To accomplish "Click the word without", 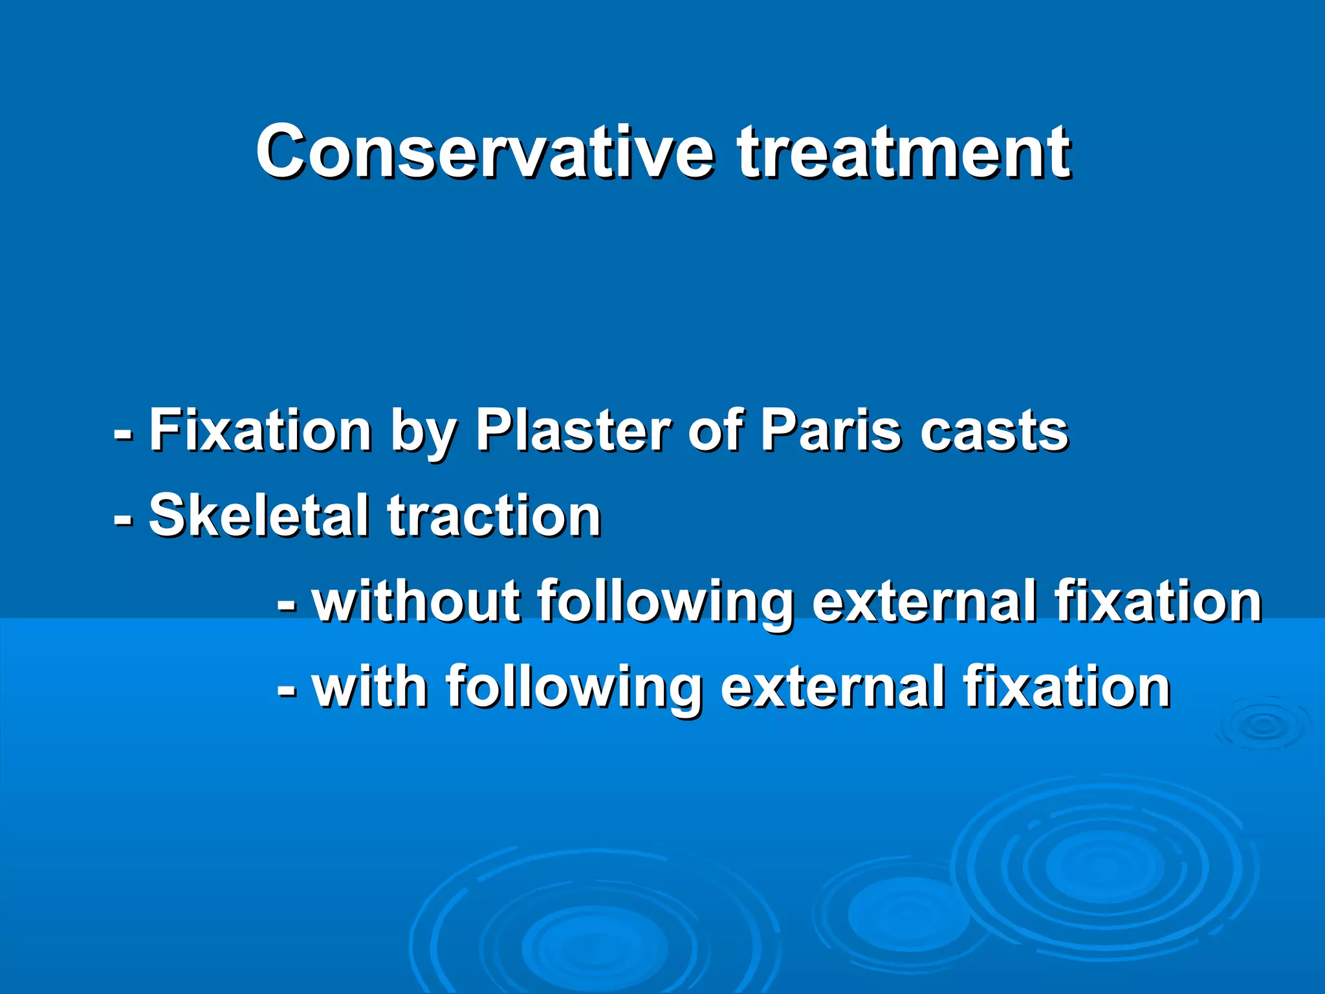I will (x=417, y=602).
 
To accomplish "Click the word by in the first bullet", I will (x=424, y=435).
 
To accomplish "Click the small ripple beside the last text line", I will (x=1262, y=724).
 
